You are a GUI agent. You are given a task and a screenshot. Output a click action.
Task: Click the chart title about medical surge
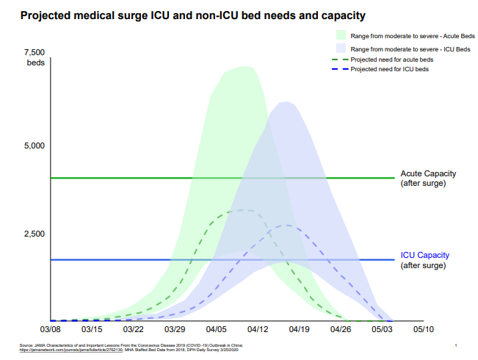(x=192, y=15)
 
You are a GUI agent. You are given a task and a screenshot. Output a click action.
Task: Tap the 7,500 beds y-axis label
(x=35, y=57)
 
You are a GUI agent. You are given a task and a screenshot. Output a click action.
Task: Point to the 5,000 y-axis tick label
(x=35, y=145)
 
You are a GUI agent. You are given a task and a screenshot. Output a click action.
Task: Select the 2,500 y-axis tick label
(x=35, y=234)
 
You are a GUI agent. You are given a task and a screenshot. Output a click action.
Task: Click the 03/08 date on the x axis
(x=50, y=331)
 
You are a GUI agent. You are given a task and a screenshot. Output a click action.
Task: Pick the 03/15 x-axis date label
(x=92, y=331)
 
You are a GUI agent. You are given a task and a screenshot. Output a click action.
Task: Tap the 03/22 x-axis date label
(x=133, y=331)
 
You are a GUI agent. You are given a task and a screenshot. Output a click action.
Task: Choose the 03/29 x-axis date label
(x=175, y=331)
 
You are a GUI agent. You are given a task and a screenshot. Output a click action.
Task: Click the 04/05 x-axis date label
(x=217, y=331)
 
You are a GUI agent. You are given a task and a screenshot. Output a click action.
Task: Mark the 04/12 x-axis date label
(x=258, y=331)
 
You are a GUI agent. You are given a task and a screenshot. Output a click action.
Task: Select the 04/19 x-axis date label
(x=300, y=331)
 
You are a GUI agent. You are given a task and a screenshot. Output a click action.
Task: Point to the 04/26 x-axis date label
(x=341, y=331)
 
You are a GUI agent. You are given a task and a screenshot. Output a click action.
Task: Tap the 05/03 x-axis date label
(x=383, y=331)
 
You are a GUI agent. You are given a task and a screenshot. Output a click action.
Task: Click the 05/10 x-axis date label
(x=424, y=331)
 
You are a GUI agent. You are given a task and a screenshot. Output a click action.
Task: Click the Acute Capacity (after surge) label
(x=428, y=178)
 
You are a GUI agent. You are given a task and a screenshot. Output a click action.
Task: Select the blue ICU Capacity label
(x=424, y=255)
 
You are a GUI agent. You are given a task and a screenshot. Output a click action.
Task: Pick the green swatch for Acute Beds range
(x=341, y=35)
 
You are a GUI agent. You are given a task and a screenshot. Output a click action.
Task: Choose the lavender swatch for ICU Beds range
(x=341, y=48)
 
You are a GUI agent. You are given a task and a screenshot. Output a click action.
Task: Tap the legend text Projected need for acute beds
(x=391, y=59)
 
